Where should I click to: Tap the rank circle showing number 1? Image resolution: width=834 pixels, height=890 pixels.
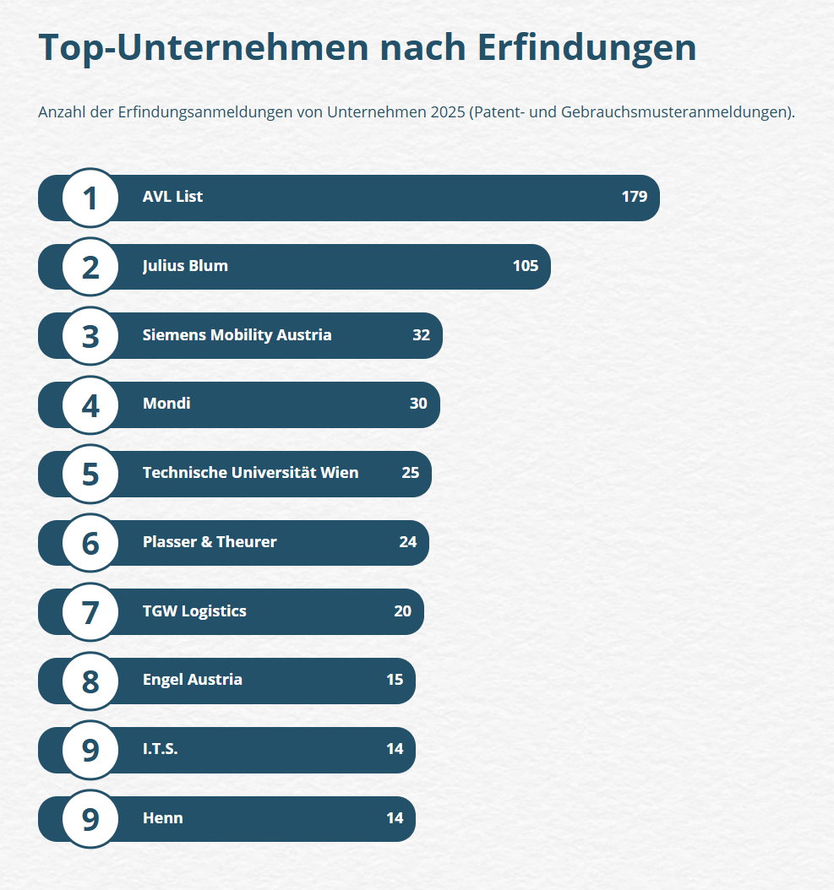pyautogui.click(x=90, y=198)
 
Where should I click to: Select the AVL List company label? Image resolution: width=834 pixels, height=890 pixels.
pyautogui.click(x=172, y=197)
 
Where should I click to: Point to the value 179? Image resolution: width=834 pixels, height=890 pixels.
pyautogui.click(x=634, y=197)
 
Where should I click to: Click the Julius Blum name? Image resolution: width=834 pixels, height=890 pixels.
pyautogui.click(x=185, y=266)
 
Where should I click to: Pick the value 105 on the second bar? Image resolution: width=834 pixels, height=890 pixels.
pyautogui.click(x=525, y=266)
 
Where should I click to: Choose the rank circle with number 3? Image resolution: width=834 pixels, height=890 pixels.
pyautogui.click(x=90, y=336)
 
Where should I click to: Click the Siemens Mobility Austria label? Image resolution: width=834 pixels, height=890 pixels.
pyautogui.click(x=237, y=335)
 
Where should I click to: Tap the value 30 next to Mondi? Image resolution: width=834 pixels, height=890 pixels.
pyautogui.click(x=418, y=404)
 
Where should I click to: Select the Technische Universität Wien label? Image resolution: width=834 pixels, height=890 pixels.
pyautogui.click(x=250, y=473)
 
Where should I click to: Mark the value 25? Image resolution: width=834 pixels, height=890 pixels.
pyautogui.click(x=410, y=473)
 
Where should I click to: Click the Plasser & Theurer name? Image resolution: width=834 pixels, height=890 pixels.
pyautogui.click(x=210, y=542)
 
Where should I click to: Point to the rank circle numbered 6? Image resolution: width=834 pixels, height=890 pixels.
pyautogui.click(x=90, y=543)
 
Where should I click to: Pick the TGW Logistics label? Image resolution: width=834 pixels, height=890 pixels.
pyautogui.click(x=194, y=611)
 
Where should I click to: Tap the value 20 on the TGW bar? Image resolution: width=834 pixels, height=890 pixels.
pyautogui.click(x=402, y=611)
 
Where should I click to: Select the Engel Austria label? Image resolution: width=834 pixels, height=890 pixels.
pyautogui.click(x=192, y=680)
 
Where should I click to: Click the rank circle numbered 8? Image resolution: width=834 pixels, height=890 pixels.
pyautogui.click(x=90, y=681)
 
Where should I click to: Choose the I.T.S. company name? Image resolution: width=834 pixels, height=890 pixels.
pyautogui.click(x=160, y=749)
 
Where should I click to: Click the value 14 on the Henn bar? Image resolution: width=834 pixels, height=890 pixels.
pyautogui.click(x=394, y=818)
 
